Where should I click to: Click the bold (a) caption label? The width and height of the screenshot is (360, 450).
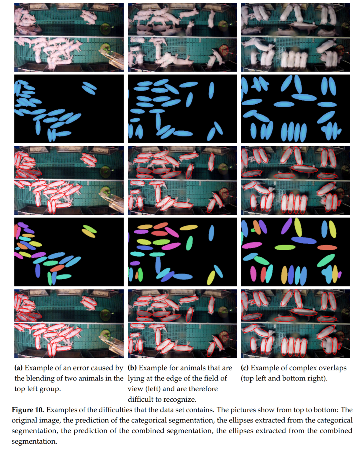click(18, 368)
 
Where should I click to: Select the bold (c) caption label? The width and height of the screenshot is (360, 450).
click(245, 368)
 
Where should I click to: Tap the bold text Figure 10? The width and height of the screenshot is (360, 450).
click(28, 410)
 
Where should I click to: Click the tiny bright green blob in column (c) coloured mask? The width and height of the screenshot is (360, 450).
click(253, 230)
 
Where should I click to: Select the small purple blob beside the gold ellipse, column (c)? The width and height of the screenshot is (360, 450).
click(339, 274)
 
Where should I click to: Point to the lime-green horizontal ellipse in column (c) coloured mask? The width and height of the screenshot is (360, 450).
click(285, 247)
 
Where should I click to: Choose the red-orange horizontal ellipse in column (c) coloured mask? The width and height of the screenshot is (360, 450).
click(327, 247)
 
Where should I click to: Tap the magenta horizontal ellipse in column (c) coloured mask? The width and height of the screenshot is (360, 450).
click(252, 245)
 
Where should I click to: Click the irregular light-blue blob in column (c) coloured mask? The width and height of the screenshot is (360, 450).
click(328, 274)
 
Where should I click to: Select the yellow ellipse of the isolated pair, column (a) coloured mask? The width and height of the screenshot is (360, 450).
click(88, 233)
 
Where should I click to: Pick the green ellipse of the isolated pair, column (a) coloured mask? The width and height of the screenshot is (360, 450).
click(90, 229)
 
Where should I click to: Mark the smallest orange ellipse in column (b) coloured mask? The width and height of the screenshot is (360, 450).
click(137, 275)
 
